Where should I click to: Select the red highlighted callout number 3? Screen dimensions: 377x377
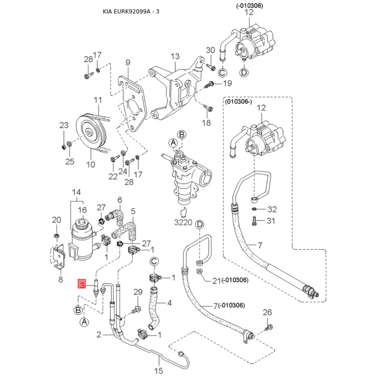coord(82,284)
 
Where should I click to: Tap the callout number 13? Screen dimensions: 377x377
coord(175,56)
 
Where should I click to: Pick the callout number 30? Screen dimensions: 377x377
coord(210,50)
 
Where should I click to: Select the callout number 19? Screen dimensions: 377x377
coord(228,83)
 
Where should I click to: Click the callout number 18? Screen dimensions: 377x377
coord(207,123)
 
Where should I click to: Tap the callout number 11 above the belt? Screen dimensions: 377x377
coord(98,100)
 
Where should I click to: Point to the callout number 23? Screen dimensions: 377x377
coord(64,125)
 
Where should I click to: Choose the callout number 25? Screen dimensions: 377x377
coord(70,162)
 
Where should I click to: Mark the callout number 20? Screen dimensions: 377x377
coord(56,220)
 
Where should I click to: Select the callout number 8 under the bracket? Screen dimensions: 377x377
coord(60,280)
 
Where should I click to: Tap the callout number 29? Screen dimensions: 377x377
coord(138,293)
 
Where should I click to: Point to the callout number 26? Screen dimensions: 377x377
coord(267,312)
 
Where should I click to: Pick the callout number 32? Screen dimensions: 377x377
coord(272,209)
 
